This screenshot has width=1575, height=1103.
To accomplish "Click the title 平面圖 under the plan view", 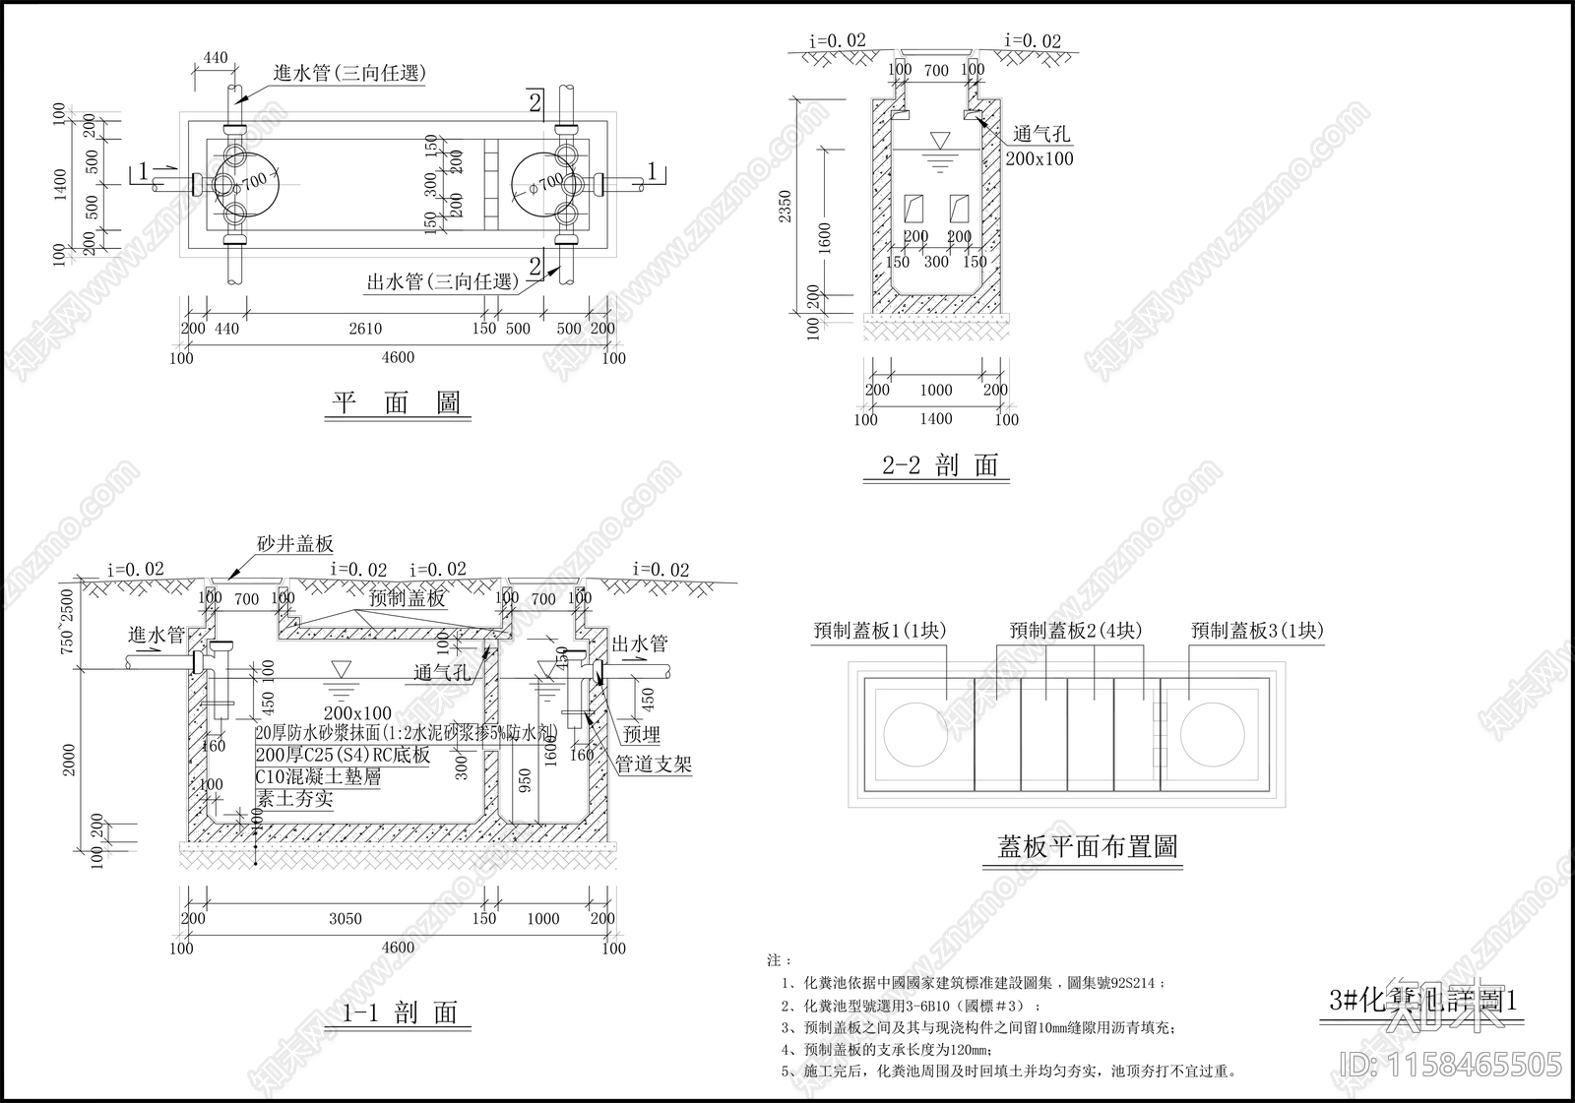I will [397, 403].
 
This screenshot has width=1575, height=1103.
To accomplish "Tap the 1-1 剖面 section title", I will [400, 1012].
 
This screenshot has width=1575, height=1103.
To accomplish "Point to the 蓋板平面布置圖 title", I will [1087, 846].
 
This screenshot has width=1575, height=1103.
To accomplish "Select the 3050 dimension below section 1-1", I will [345, 919].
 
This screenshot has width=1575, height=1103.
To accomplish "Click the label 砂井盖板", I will [295, 543].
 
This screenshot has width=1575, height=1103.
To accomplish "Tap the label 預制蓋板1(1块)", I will [879, 631].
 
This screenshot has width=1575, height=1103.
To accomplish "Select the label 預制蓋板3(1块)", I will [1257, 631].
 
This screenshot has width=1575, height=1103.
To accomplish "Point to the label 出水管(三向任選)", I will [443, 282].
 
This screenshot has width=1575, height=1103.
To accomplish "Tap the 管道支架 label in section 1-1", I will [654, 765].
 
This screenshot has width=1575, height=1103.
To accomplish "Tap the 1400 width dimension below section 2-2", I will [935, 419].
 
